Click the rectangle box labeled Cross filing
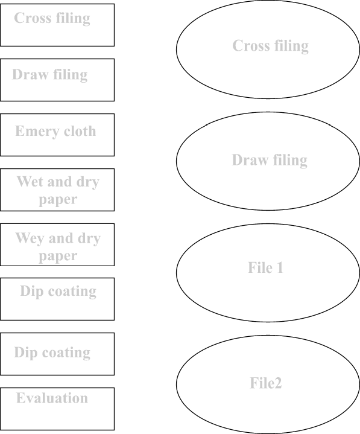(x=57, y=25)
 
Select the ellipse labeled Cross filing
(x=268, y=49)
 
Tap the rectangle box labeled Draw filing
(x=57, y=80)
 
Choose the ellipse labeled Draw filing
(x=268, y=161)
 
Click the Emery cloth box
(x=57, y=135)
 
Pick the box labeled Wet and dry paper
(x=57, y=190)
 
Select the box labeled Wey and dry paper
(x=57, y=244)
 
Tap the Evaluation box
(x=57, y=409)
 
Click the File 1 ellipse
(x=268, y=273)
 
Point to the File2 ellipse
(x=268, y=385)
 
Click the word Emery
(x=37, y=132)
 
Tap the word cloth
(x=80, y=130)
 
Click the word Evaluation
(x=52, y=398)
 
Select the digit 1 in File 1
(x=280, y=267)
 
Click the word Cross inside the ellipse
(x=251, y=46)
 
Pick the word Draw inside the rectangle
(x=30, y=74)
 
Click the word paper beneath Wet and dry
(x=58, y=200)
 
